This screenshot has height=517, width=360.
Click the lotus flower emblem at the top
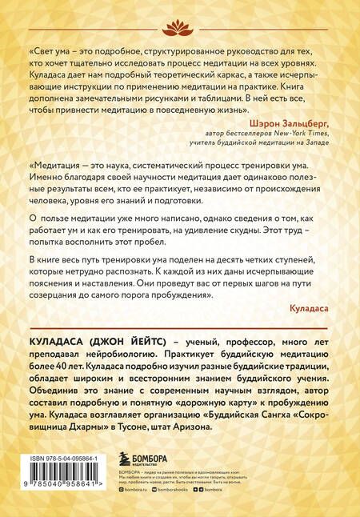pyautogui.click(x=181, y=30)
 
